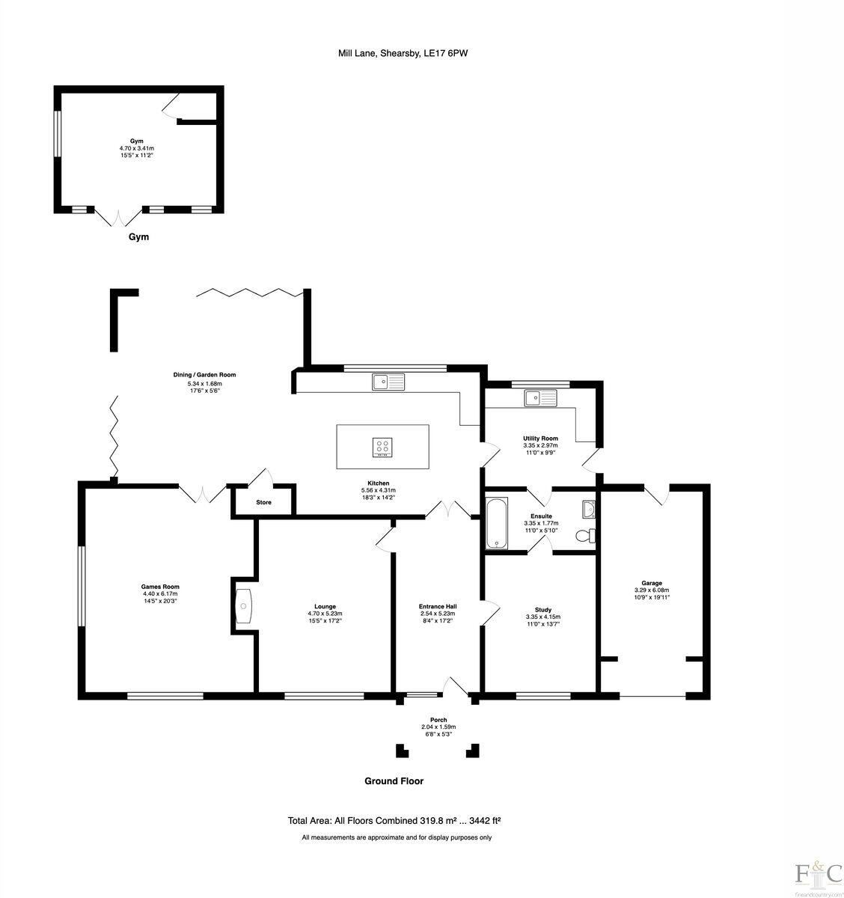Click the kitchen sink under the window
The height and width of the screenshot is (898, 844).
tap(388, 382)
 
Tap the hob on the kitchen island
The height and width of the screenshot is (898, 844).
tap(382, 447)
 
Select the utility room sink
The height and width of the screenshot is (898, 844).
tap(541, 397)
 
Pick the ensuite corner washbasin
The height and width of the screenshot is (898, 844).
tap(589, 510)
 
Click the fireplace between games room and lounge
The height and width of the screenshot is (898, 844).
tap(245, 605)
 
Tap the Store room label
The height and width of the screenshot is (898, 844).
tap(263, 502)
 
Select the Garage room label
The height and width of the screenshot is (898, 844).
tap(651, 583)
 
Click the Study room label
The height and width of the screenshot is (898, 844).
tap(542, 610)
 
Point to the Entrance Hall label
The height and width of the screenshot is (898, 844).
tap(438, 606)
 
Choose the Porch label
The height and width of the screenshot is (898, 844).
tap(438, 720)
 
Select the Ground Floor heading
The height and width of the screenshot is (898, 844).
tap(394, 781)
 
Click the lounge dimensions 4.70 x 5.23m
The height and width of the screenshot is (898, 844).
tap(325, 614)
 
